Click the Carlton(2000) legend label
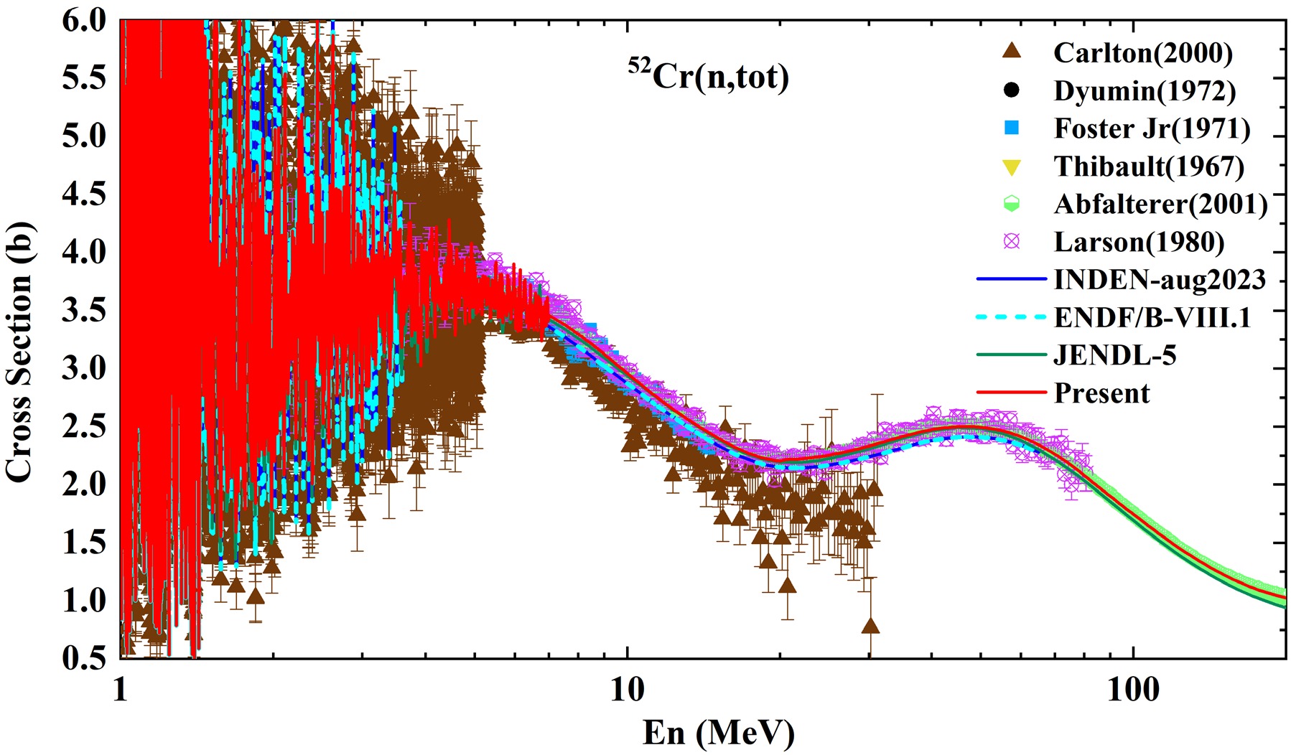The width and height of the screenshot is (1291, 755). click(x=1143, y=53)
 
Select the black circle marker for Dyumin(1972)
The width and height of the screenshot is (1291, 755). click(x=1012, y=90)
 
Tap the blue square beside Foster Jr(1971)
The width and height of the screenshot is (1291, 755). click(x=1012, y=128)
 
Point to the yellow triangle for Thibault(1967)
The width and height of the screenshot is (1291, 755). click(x=1012, y=167)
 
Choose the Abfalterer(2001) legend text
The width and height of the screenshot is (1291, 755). click(x=1160, y=205)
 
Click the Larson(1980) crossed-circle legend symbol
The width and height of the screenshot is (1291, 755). click(x=1012, y=241)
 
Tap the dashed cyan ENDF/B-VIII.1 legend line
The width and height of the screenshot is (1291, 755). click(x=1012, y=317)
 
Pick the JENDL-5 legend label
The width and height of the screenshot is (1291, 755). click(x=1115, y=355)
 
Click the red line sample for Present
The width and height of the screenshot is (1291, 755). click(x=1012, y=393)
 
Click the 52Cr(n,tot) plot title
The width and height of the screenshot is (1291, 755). click(x=709, y=75)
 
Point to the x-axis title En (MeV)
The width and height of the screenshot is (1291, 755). click(x=718, y=733)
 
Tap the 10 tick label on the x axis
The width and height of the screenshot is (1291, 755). click(x=627, y=690)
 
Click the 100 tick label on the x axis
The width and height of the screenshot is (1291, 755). click(x=1133, y=690)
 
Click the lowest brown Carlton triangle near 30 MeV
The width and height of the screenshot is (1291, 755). click(x=870, y=627)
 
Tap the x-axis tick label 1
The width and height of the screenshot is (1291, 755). click(x=120, y=690)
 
